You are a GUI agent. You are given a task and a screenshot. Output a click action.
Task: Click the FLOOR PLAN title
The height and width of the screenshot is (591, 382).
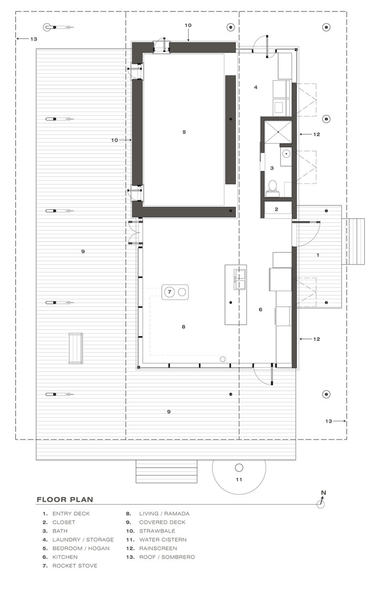click(x=64, y=500)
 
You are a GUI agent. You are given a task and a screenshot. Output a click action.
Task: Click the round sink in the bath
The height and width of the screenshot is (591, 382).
click(x=286, y=154)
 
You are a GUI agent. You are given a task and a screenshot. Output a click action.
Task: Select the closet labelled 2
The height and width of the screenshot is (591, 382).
click(x=276, y=208)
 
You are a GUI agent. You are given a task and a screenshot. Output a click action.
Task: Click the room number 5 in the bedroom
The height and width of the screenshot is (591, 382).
click(x=184, y=131)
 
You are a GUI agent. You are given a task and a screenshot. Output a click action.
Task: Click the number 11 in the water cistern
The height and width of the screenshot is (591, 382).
click(x=239, y=478)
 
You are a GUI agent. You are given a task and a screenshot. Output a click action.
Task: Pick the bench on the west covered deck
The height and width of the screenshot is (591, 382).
click(x=75, y=348)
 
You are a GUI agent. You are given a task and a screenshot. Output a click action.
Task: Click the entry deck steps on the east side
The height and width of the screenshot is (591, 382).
click(x=353, y=241)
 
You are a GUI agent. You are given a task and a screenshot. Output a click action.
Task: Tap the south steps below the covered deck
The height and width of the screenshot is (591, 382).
click(x=167, y=472)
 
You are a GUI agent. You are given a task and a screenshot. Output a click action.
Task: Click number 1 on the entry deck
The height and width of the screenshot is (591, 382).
click(x=318, y=255)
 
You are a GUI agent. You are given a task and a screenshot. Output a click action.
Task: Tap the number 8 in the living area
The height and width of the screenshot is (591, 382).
click(x=183, y=327)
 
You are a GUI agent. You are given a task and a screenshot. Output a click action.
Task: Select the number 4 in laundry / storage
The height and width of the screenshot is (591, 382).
click(x=256, y=87)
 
